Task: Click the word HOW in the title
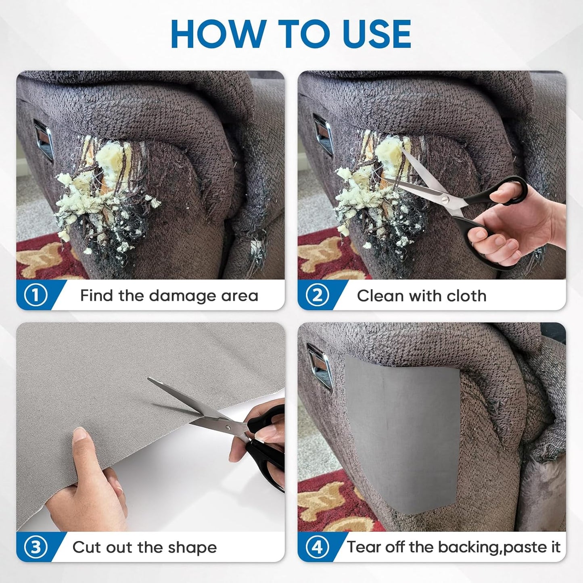pyautogui.click(x=218, y=34)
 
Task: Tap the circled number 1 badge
pyautogui.click(x=35, y=295)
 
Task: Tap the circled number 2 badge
pyautogui.click(x=317, y=295)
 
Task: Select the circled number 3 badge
pyautogui.click(x=35, y=547)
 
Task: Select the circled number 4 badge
pyautogui.click(x=317, y=547)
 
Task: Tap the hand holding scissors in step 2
pyautogui.click(x=516, y=226)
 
